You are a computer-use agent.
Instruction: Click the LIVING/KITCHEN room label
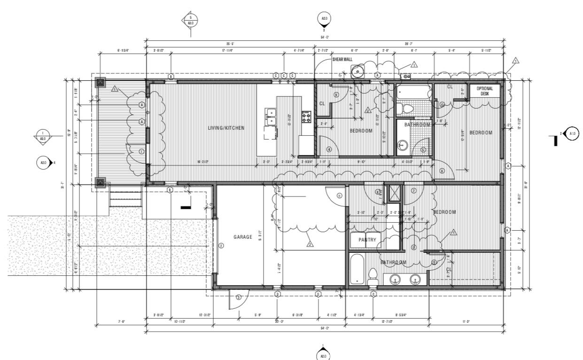tap(226, 128)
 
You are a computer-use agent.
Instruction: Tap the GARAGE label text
tap(243, 237)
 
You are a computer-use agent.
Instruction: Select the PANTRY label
tap(367, 240)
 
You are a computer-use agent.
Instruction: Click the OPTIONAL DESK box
tap(485, 91)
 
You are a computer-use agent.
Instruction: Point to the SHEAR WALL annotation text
tap(342, 60)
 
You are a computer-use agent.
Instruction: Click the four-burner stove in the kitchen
tap(306, 117)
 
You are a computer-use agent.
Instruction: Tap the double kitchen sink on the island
tap(271, 117)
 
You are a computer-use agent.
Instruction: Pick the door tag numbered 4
tap(329, 149)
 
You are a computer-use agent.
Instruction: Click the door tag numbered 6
tap(442, 171)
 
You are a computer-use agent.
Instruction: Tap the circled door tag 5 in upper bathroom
tap(423, 150)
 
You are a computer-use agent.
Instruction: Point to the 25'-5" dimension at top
tap(230, 43)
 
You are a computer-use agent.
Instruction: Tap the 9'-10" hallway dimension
tap(361, 162)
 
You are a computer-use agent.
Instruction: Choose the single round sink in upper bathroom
tap(403, 145)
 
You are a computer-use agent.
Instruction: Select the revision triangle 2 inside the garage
tap(310, 244)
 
